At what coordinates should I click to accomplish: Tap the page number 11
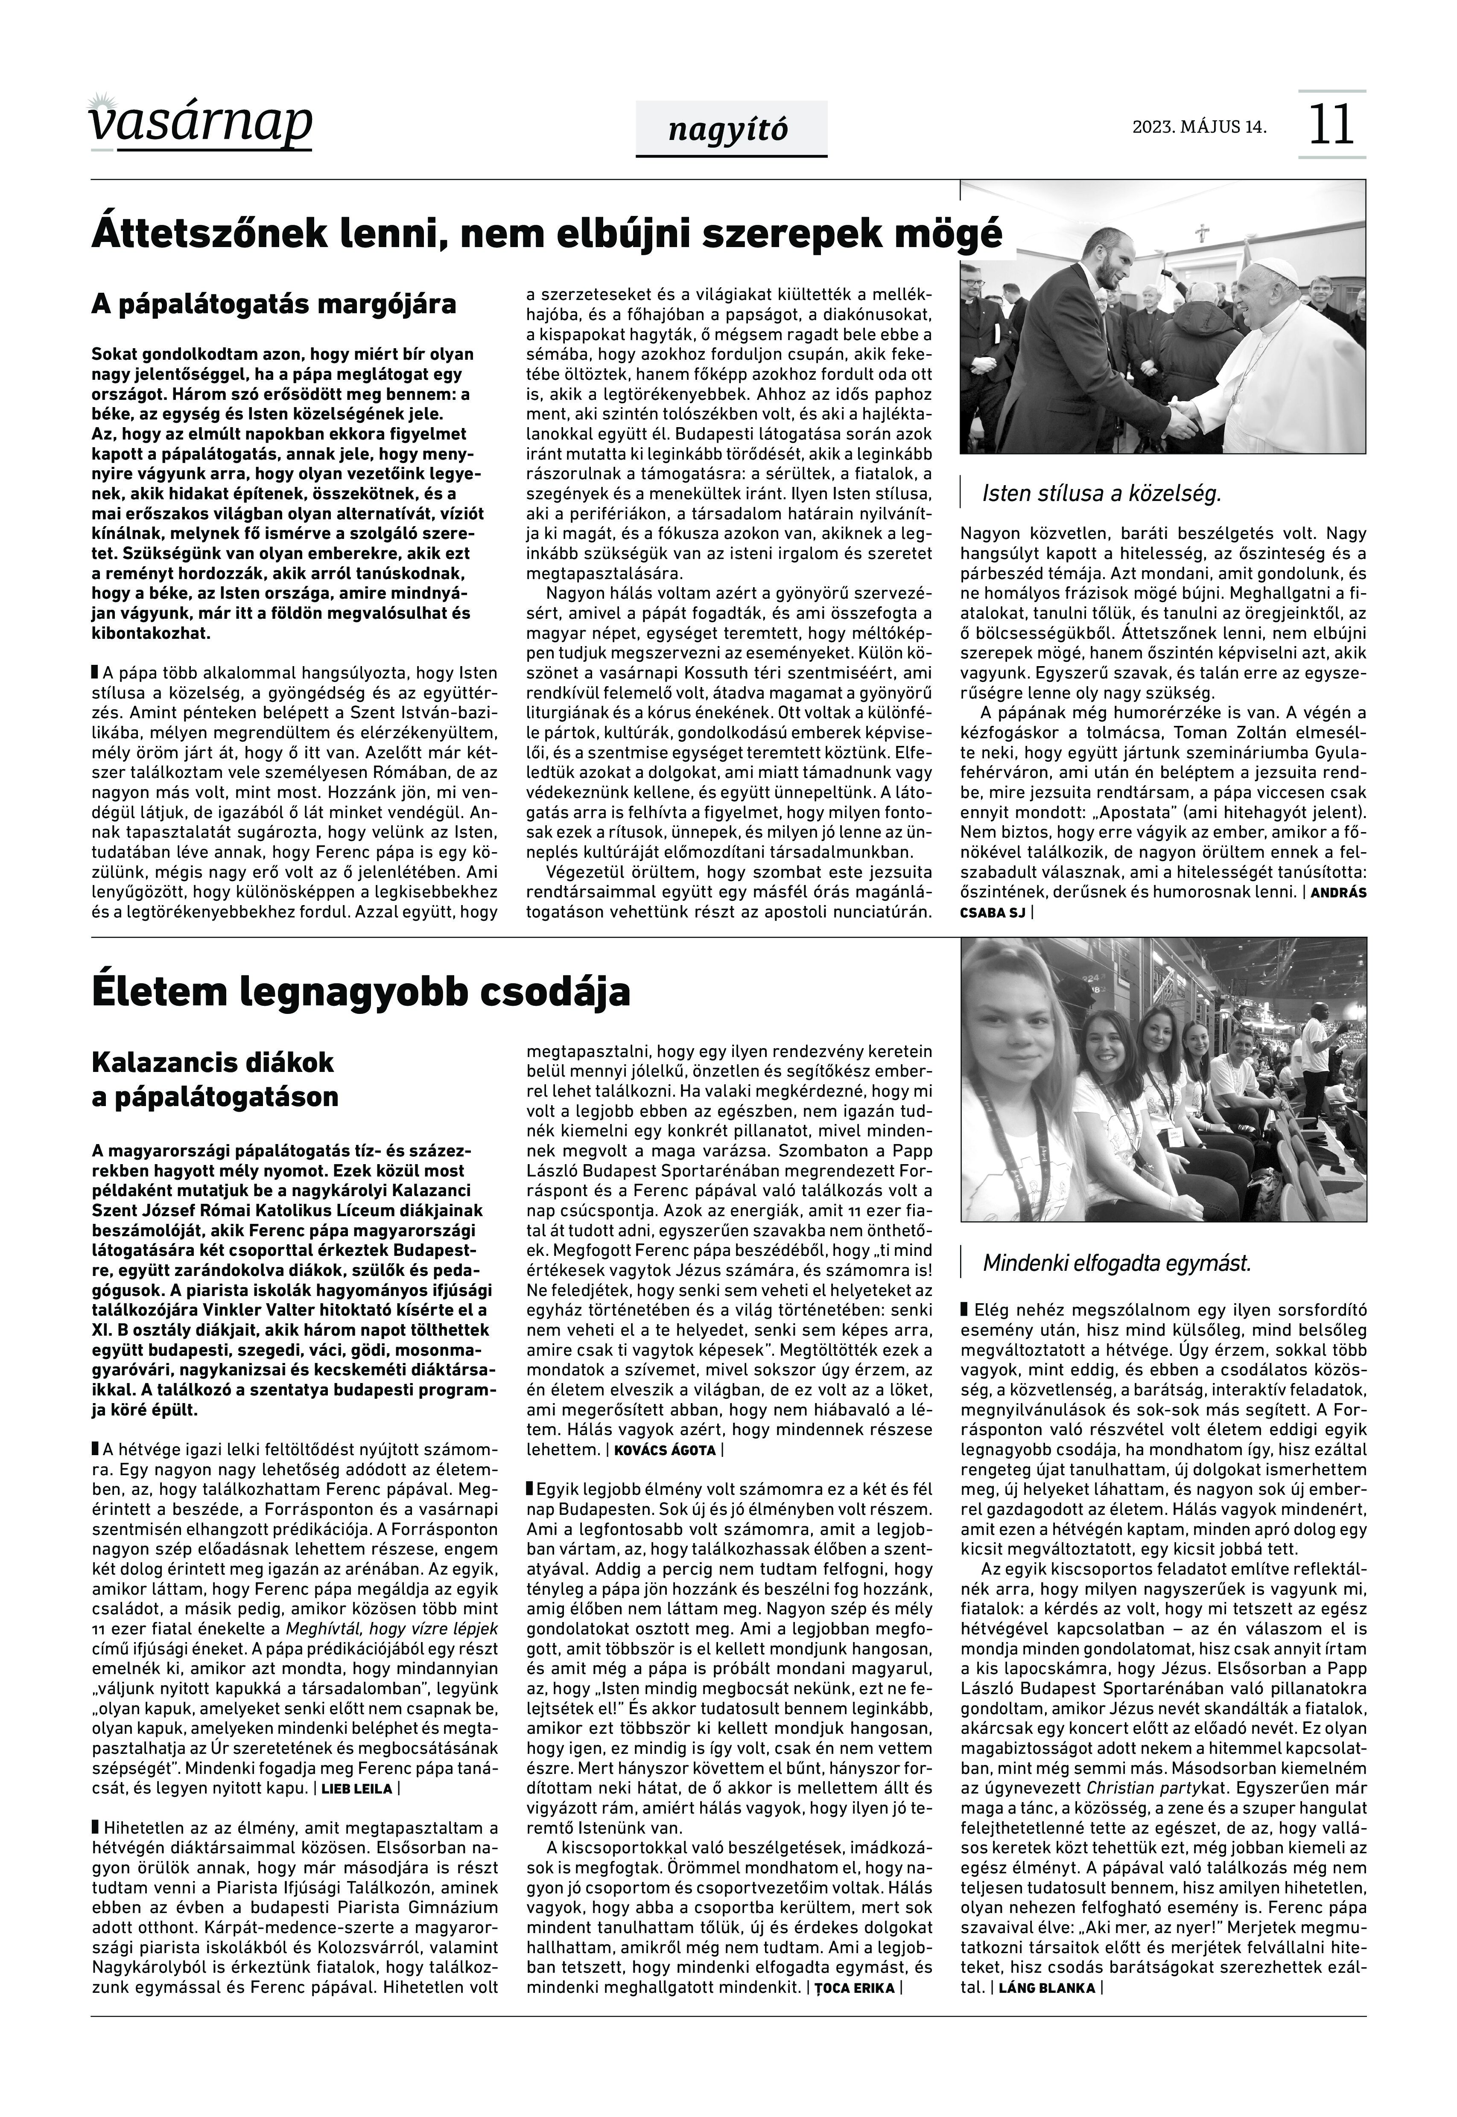(x=1332, y=125)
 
